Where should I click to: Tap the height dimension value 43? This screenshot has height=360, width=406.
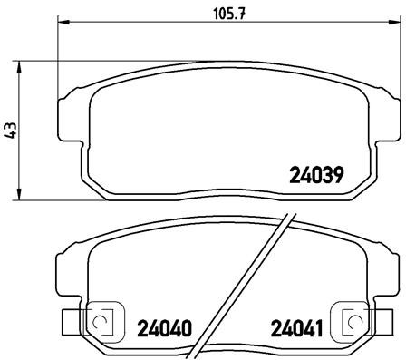pos(12,130)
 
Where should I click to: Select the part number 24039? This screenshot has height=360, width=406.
pos(317,174)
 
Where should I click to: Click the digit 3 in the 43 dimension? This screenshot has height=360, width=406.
pos(12,125)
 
